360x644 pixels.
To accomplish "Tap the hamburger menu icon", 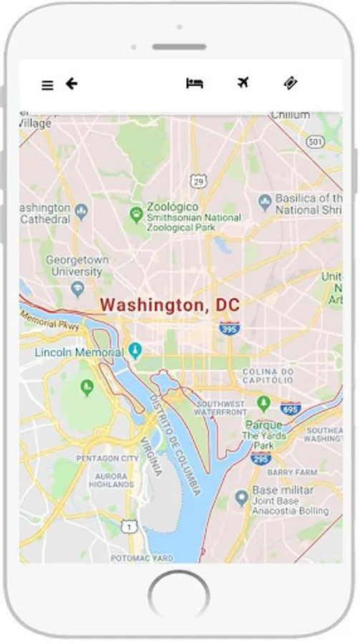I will click(x=47, y=85).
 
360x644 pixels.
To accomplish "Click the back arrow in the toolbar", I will click(x=72, y=84).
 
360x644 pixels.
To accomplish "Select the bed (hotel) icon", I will click(x=194, y=83).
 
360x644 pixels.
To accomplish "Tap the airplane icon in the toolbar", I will click(x=243, y=83).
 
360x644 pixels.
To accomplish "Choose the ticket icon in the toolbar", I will click(x=290, y=83).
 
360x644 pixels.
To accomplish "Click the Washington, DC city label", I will click(x=170, y=305).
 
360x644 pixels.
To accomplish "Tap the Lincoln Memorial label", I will click(x=79, y=352).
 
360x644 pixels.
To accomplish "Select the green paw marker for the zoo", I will click(x=136, y=213).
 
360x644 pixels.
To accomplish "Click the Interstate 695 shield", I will click(x=290, y=408).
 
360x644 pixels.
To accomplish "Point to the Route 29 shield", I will click(x=198, y=182).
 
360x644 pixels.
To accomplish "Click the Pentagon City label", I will click(x=107, y=458).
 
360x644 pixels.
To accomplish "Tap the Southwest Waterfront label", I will click(x=221, y=408).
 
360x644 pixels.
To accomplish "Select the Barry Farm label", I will click(x=291, y=472).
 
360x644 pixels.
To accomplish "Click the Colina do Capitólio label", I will click(x=268, y=376).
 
